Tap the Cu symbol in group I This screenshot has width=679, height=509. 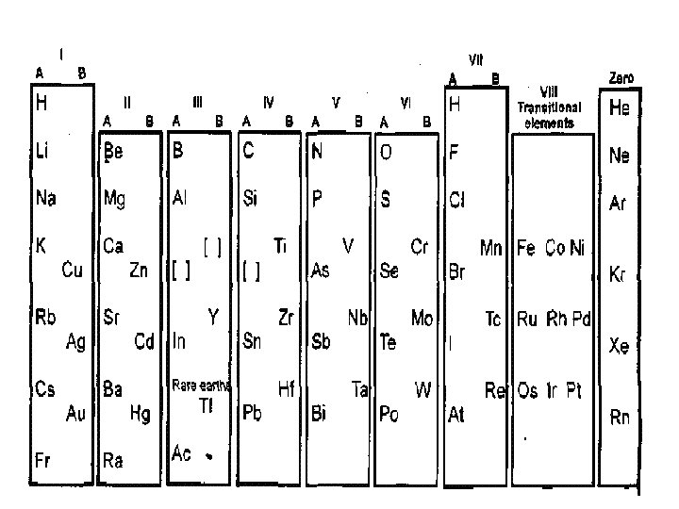click(x=73, y=271)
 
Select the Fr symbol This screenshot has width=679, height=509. click(x=43, y=460)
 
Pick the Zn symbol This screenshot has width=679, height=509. click(x=140, y=271)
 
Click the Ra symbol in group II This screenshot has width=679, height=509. click(x=113, y=460)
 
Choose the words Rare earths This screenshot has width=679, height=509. click(x=202, y=385)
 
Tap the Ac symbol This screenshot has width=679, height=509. click(x=182, y=453)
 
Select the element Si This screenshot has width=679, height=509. click(x=252, y=199)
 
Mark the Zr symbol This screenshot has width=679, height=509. click(x=286, y=318)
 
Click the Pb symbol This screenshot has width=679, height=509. click(x=252, y=413)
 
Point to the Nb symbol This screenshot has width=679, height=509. click(x=357, y=318)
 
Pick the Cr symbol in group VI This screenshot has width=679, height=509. click(x=421, y=247)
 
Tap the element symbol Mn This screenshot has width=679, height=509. click(x=491, y=248)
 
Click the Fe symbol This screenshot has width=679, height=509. click(x=526, y=248)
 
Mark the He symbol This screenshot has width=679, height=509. click(x=620, y=108)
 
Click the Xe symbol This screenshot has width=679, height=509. click(x=620, y=347)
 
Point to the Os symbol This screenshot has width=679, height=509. click(x=528, y=391)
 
